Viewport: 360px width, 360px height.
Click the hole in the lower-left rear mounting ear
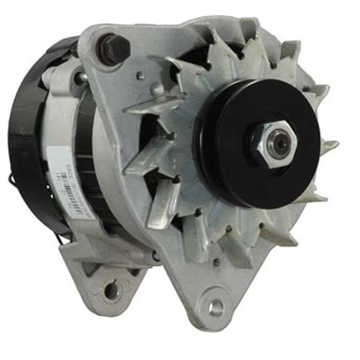tap(111, 289)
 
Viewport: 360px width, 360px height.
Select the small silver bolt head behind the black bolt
tap(81, 77)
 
